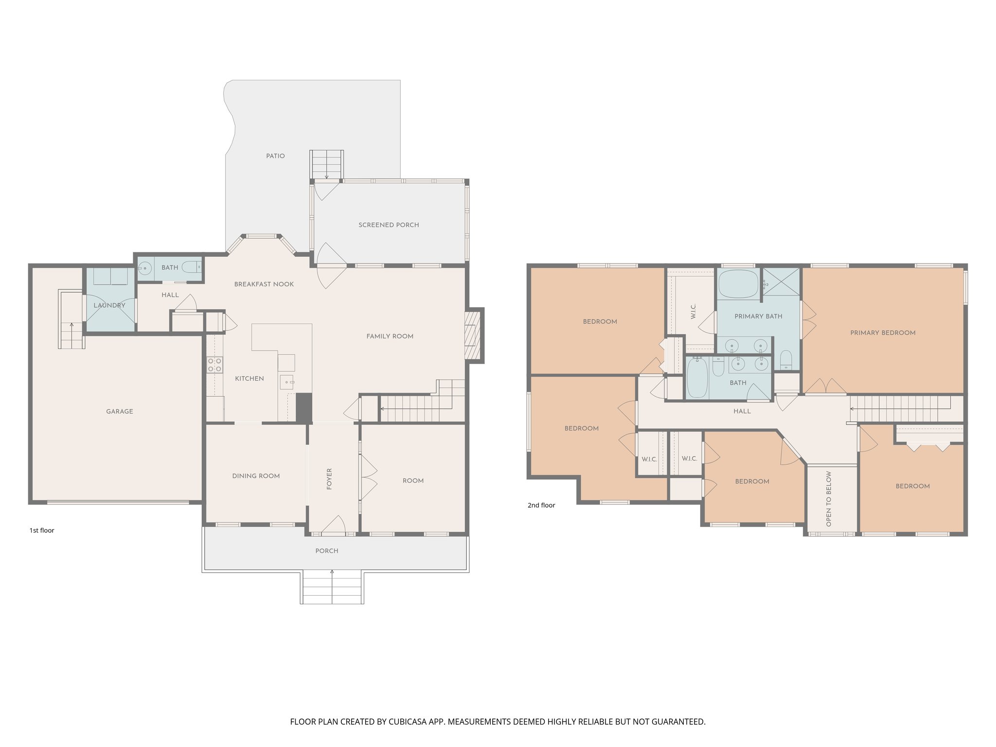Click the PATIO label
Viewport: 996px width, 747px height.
click(x=275, y=156)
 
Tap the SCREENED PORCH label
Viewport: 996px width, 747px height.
click(x=389, y=225)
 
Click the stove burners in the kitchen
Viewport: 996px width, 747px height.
click(x=214, y=365)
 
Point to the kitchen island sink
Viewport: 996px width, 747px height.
click(x=287, y=382)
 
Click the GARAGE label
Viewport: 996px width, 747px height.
click(x=120, y=411)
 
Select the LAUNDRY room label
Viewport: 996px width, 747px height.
click(x=109, y=305)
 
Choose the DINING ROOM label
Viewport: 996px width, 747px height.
click(x=256, y=476)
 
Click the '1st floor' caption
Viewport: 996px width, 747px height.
click(x=42, y=531)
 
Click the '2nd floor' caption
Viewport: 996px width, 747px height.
click(x=541, y=505)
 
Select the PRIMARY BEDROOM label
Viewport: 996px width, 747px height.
click(x=883, y=333)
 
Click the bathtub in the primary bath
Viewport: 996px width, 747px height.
click(x=738, y=284)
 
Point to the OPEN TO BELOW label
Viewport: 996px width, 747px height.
click(x=829, y=499)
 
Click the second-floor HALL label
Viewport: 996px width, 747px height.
click(x=742, y=411)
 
